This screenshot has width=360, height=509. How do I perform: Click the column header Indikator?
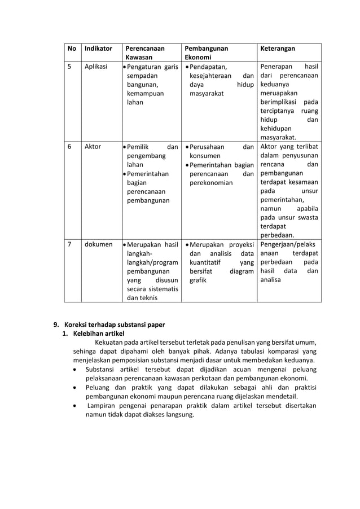click(98, 49)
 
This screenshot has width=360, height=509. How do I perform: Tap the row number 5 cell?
click(70, 67)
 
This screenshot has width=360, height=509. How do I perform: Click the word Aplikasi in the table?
click(96, 67)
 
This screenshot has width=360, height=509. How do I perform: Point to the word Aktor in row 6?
click(93, 146)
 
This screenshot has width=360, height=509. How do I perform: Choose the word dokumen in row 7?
click(98, 245)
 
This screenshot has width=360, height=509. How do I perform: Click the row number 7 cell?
click(70, 245)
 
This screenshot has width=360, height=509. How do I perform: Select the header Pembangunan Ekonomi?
click(205, 53)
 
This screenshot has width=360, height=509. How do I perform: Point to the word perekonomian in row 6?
click(211, 183)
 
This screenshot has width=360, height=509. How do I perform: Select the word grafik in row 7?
click(198, 280)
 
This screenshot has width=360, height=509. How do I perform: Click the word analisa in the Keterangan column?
click(270, 280)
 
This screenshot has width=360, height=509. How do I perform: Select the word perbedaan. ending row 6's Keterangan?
click(276, 235)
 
